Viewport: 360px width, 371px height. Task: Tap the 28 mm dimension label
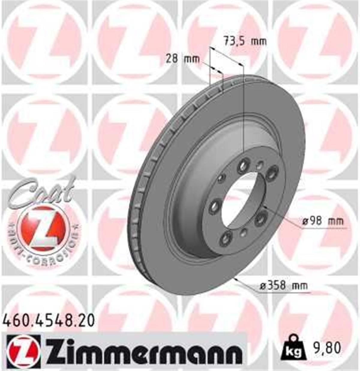point(182,59)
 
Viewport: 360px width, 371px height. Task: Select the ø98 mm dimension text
point(322,221)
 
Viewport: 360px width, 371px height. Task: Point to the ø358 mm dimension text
point(283,286)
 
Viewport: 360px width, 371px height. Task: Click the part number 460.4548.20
point(49,320)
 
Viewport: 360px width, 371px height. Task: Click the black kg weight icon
point(293,348)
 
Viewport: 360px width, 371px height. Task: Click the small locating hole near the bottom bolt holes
point(244,231)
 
